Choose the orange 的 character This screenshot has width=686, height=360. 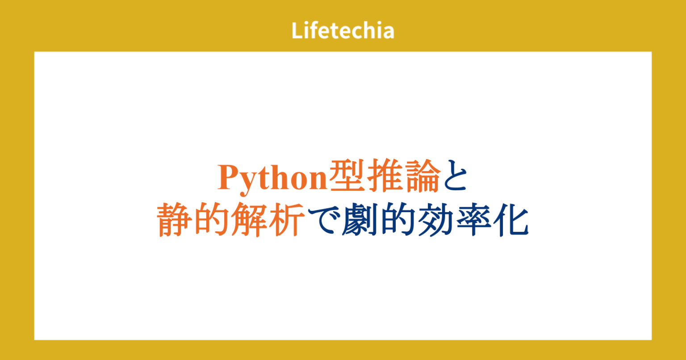tap(212, 220)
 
